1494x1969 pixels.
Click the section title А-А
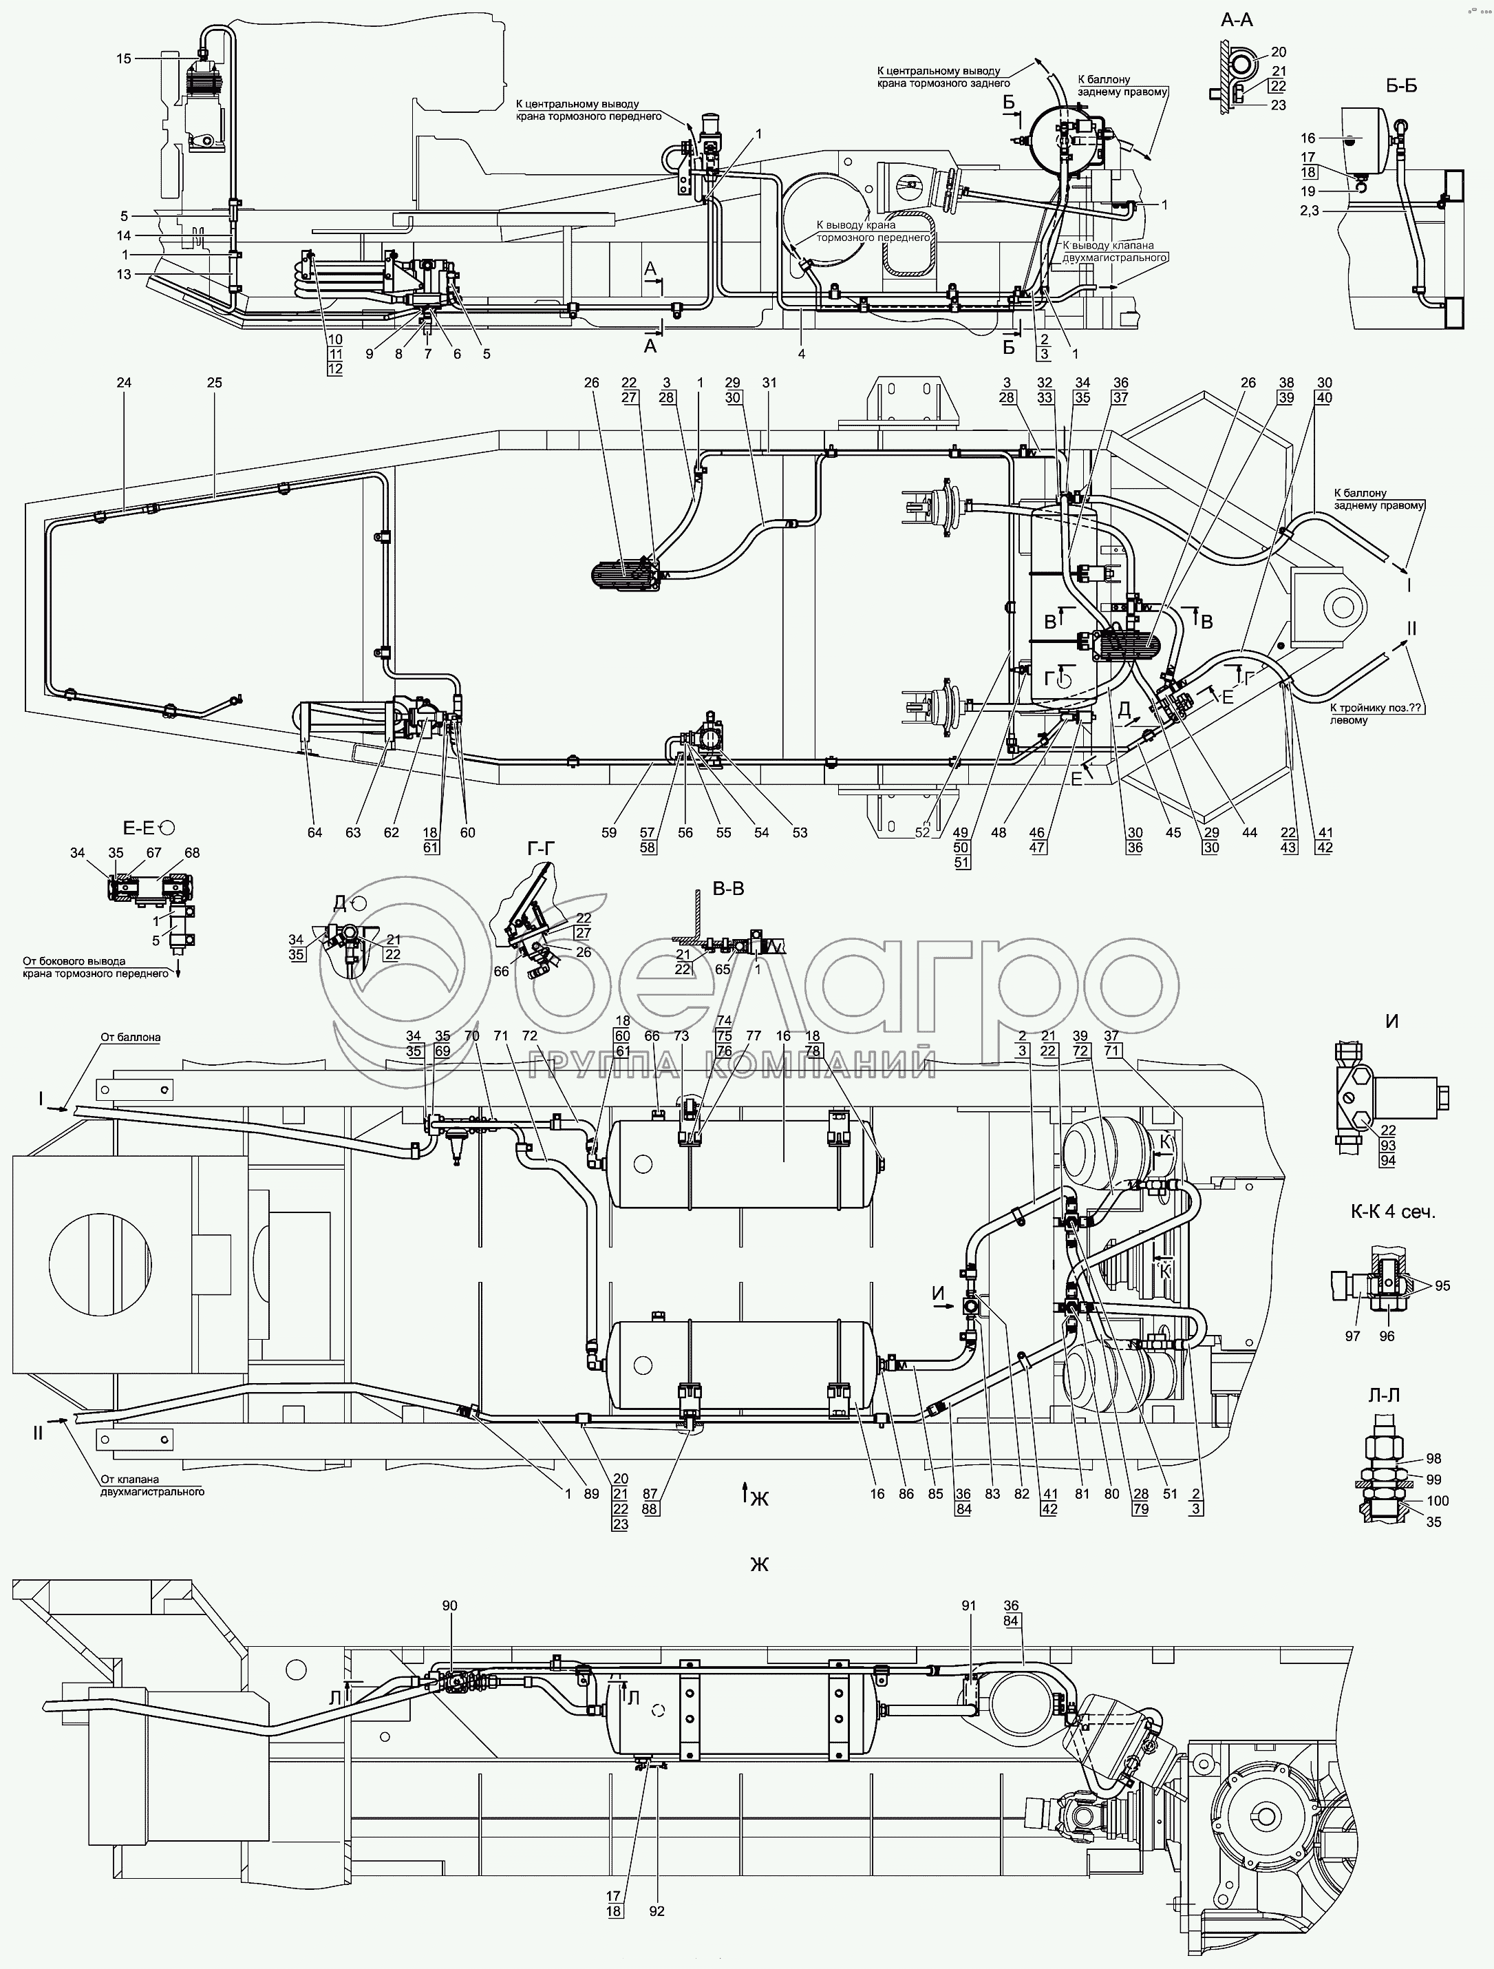point(1236,19)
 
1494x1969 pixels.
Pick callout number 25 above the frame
point(215,383)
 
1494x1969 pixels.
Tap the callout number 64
point(315,832)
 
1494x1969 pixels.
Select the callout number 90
point(449,1605)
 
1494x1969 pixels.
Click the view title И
point(1391,1022)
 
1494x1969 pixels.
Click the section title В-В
point(728,888)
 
